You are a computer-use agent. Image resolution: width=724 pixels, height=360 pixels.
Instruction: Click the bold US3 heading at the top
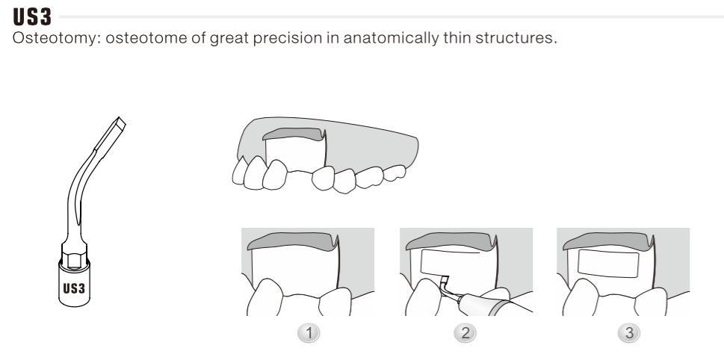32,16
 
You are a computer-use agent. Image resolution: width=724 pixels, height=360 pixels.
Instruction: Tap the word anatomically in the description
391,38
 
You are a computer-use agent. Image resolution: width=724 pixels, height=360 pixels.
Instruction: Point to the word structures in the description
516,38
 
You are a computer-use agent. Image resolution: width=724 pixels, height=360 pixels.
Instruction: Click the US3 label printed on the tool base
74,288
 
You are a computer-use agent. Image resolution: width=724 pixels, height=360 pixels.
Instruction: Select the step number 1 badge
309,333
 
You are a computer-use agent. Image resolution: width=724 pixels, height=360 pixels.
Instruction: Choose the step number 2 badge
465,333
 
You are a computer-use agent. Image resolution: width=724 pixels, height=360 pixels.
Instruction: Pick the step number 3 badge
629,333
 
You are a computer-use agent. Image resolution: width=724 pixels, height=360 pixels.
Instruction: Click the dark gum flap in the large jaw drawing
294,134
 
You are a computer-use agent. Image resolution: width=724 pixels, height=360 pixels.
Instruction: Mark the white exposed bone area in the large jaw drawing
296,154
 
